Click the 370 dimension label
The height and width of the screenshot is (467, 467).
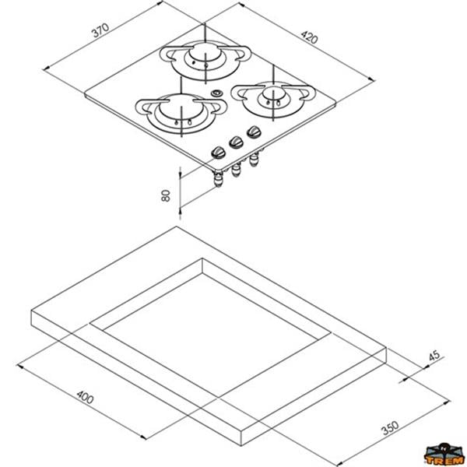pos(100,30)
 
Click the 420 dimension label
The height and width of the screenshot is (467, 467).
pos(309,37)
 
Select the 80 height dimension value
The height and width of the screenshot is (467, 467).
pos(166,195)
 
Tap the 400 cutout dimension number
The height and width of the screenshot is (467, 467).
pos(85,397)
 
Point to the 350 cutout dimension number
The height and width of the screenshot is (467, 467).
pos(390,427)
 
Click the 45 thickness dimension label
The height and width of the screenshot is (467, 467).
pos(434,356)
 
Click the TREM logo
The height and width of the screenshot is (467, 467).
pos(444,455)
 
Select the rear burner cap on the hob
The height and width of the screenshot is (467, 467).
pos(205,52)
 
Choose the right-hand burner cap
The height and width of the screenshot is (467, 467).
pos(272,93)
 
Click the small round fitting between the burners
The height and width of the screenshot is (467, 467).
pos(216,93)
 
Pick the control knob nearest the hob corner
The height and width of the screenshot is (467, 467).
pos(217,153)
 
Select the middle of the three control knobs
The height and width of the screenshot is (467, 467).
pos(236,142)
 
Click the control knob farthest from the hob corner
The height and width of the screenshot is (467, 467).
pos(254,132)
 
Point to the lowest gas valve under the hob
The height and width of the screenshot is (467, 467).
pos(218,180)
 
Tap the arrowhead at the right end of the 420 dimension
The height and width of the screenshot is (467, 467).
pos(373,79)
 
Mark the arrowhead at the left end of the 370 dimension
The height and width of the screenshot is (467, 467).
pos(45,69)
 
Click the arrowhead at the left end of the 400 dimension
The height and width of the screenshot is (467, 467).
pos(19,366)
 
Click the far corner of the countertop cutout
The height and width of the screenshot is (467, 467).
pos(202,258)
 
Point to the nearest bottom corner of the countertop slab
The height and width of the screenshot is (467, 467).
pos(241,446)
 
